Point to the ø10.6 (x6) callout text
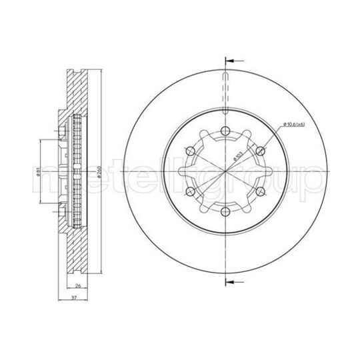pyautogui.click(x=295, y=125)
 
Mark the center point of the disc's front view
pyautogui.click(x=225, y=171)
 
